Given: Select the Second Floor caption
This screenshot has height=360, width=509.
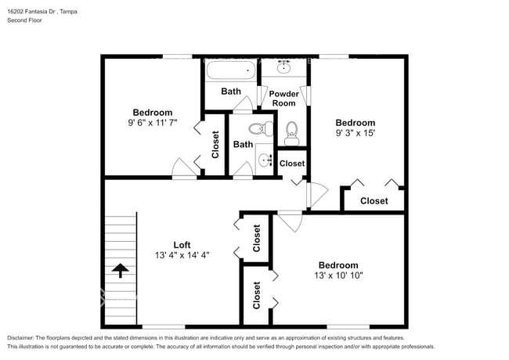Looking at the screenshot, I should point(25,21).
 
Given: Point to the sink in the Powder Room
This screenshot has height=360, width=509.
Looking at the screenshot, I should point(283,67).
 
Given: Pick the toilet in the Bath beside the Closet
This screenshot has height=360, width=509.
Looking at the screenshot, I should point(256,128).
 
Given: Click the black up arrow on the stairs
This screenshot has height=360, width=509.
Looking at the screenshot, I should point(120,271).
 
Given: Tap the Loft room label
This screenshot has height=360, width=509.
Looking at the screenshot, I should point(182,244).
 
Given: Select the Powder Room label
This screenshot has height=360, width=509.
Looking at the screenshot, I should point(283,98).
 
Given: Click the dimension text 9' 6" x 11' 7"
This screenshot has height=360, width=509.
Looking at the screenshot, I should point(153,123).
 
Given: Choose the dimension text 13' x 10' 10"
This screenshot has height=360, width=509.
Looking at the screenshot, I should point(338,275).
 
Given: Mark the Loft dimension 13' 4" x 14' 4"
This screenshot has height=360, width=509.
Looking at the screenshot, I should point(182,254).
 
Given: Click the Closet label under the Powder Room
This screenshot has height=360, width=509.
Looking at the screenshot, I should point(291,164).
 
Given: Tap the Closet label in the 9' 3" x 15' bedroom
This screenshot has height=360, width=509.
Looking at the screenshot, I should point(374,201).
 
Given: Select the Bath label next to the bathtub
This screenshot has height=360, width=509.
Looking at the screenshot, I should point(231,92).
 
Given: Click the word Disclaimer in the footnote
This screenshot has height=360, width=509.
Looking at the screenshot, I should point(24,337).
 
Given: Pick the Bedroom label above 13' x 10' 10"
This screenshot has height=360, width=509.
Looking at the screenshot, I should point(338,265).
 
